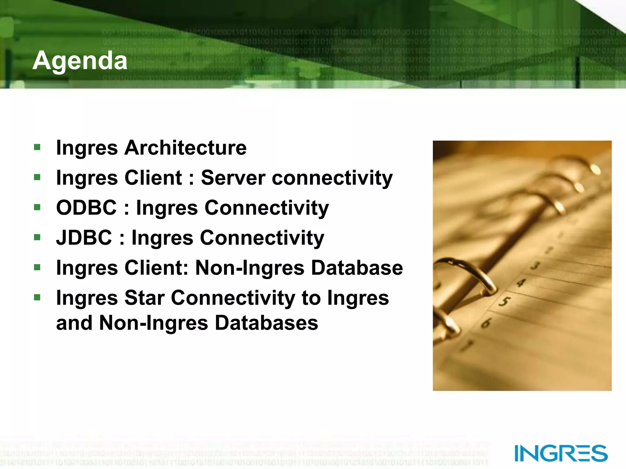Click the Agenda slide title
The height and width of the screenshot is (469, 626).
[x=80, y=60]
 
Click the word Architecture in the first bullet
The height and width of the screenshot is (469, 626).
[x=185, y=148]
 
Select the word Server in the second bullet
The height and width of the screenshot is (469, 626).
[x=233, y=178]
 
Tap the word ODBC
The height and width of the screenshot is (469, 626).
[x=87, y=208]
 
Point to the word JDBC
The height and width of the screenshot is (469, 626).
[x=84, y=238]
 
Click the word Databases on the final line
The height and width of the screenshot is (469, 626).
[x=266, y=323]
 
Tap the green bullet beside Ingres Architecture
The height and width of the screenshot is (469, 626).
[x=37, y=147]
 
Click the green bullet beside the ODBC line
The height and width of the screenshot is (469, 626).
[x=37, y=208]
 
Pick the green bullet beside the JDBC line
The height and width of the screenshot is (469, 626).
[x=37, y=237]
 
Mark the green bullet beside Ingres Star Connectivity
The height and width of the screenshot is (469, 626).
[x=37, y=297]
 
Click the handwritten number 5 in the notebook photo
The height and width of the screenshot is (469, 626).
[x=504, y=302]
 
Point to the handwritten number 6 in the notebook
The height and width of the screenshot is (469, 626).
[x=486, y=323]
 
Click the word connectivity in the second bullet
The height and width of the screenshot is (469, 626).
[x=332, y=178]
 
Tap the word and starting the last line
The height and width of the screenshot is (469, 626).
[x=74, y=323]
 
